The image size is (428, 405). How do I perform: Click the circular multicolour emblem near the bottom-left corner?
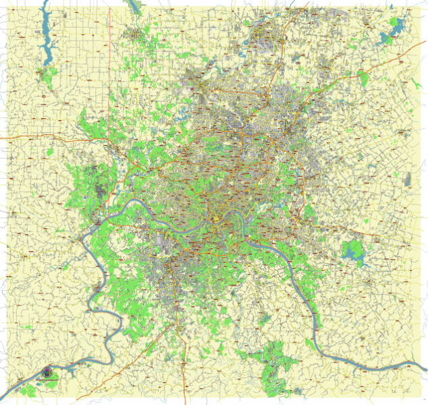[47, 372]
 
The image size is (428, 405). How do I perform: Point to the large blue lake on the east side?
[352, 252]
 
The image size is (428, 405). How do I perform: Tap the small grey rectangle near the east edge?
[407, 180]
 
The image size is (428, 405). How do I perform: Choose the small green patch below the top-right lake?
[364, 79]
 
